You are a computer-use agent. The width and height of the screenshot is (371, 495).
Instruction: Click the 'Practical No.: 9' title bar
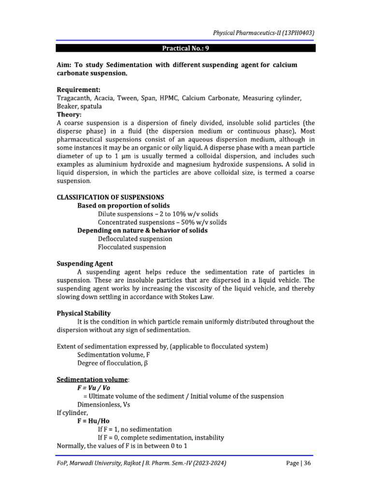(185, 48)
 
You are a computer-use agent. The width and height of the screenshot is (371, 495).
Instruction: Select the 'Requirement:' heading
(79, 90)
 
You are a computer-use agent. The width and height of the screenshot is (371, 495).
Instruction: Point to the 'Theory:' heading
(70, 115)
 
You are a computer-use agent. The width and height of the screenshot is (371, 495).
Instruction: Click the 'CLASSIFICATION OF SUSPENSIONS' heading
(110, 197)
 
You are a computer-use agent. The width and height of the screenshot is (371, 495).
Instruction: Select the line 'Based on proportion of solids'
(123, 205)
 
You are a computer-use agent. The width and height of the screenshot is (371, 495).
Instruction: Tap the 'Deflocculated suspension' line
(135, 239)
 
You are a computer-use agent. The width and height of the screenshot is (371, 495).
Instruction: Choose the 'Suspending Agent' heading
(85, 263)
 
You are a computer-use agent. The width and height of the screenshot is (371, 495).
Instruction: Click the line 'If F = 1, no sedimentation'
(135, 429)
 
